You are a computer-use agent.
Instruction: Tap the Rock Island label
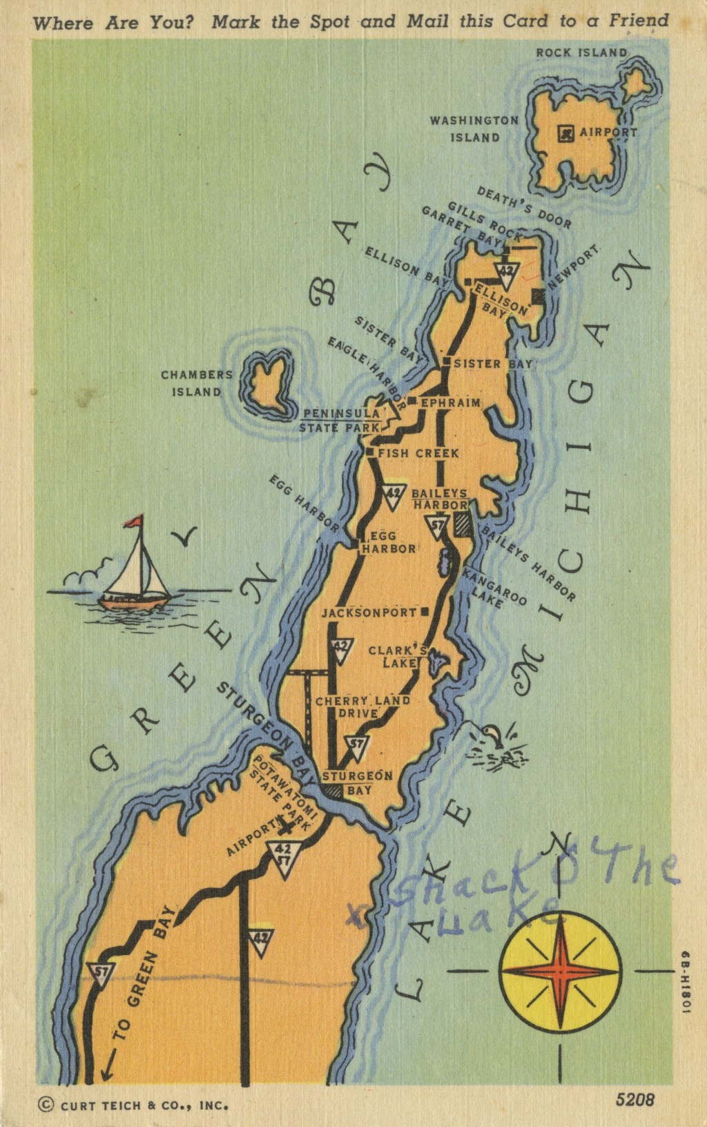click(581, 52)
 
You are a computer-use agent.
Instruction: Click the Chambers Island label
click(196, 383)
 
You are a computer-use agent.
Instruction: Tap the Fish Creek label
click(418, 454)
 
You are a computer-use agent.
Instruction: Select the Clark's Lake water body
click(435, 664)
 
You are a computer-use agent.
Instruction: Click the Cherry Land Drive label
click(362, 707)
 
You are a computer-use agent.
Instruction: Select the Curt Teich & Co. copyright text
click(135, 1105)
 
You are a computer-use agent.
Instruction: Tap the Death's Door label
click(524, 208)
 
